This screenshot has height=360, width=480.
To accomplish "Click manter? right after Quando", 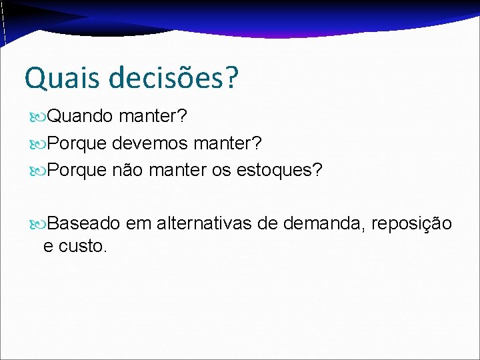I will click(x=153, y=117).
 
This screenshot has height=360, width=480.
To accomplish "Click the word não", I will click(x=127, y=170).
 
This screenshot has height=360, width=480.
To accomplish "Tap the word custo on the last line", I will click(x=83, y=246).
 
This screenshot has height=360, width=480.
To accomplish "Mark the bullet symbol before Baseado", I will click(x=39, y=223).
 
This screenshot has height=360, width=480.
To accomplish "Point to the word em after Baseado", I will click(x=139, y=223).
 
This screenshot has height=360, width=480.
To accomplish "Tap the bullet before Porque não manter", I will click(x=39, y=171).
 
